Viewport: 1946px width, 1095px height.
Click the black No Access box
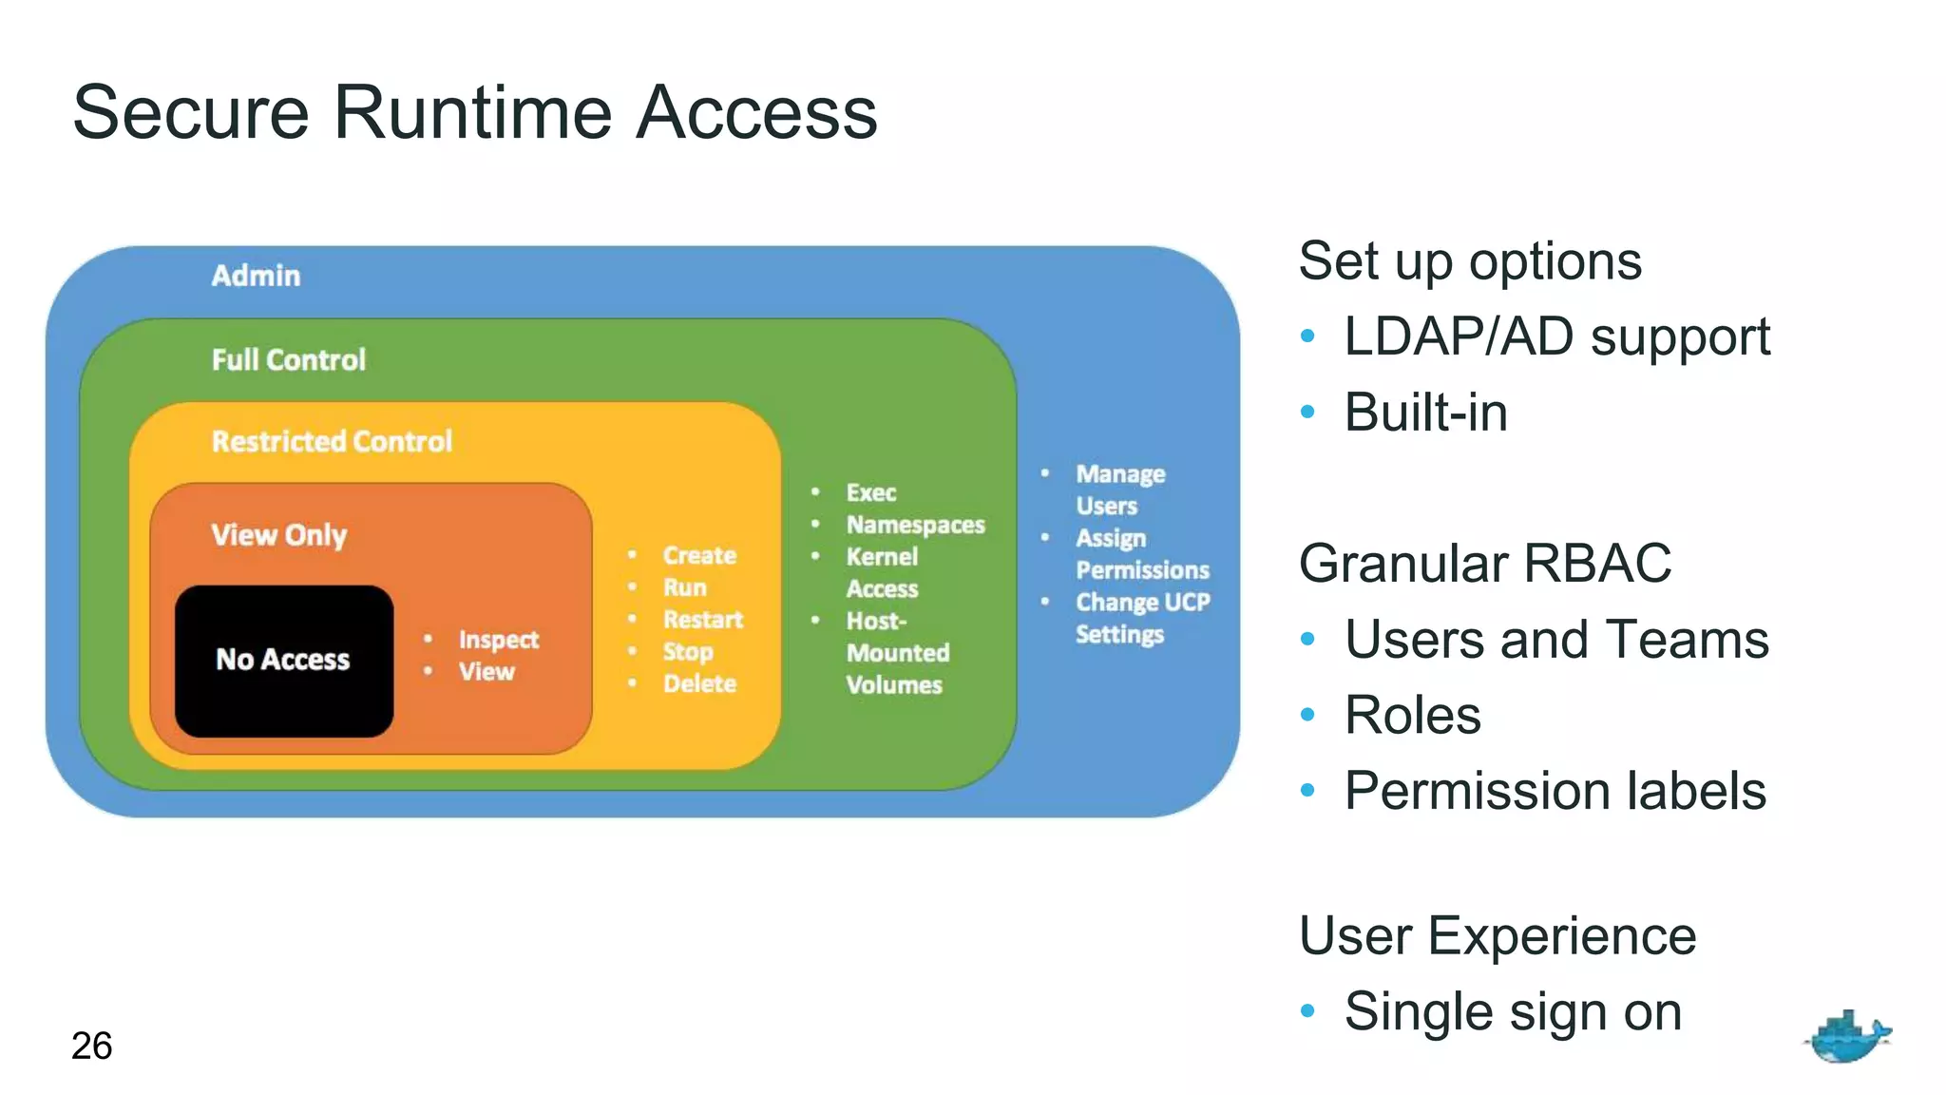(283, 661)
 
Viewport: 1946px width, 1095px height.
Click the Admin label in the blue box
(256, 276)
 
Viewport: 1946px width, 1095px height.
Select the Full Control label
(288, 359)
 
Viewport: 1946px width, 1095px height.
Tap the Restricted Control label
(332, 441)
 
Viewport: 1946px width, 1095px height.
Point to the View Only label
(278, 535)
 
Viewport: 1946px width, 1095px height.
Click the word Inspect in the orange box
(498, 640)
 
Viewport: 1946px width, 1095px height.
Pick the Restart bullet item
(702, 620)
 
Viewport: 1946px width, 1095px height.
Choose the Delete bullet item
(699, 683)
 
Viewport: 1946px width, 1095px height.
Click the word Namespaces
(915, 525)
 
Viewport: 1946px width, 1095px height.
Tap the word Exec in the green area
(870, 492)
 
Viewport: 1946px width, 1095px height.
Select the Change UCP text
(1142, 603)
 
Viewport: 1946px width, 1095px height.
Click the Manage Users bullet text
(1119, 489)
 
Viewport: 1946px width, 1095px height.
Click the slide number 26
(91, 1046)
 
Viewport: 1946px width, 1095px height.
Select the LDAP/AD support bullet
(1556, 336)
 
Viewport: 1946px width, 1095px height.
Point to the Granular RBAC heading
(1484, 563)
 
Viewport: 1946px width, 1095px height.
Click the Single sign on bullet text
(1513, 1011)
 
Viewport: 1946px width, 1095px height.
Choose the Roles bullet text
(1412, 715)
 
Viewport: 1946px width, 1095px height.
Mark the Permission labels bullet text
(1555, 791)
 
